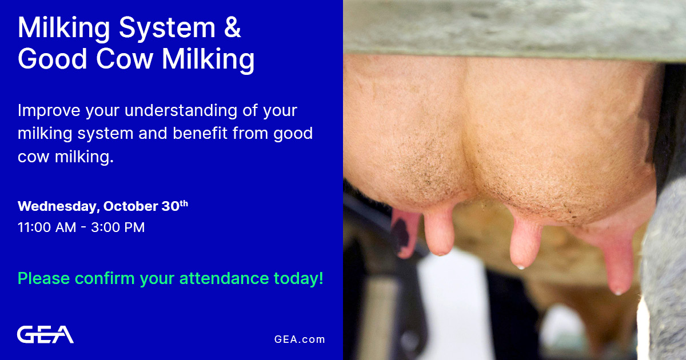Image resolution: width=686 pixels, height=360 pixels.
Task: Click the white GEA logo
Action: [x=45, y=334]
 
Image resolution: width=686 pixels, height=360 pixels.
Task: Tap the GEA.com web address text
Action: [x=300, y=339]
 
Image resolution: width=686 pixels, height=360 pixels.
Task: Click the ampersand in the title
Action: [x=232, y=29]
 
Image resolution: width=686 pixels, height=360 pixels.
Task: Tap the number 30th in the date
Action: [x=174, y=206]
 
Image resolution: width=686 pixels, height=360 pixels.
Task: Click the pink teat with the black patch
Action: [x=404, y=234]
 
